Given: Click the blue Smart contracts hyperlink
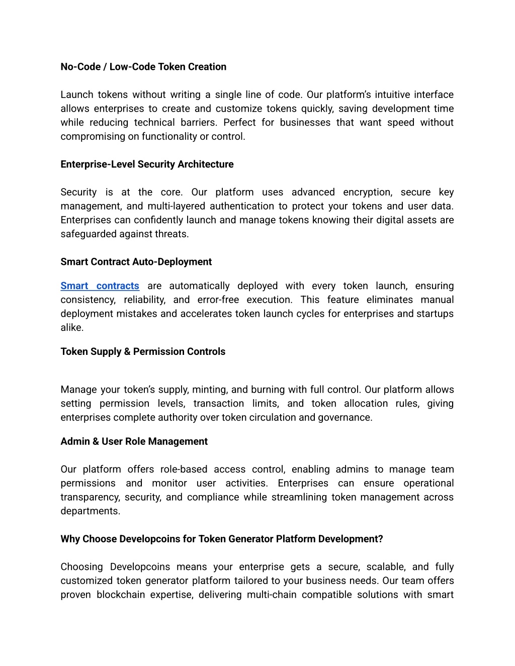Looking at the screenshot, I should click(100, 286).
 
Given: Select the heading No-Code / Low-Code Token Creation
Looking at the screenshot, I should click(143, 67).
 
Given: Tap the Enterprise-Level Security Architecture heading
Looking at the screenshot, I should click(147, 164).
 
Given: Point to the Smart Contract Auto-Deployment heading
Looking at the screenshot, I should click(136, 262).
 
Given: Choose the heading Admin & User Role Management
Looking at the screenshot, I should click(134, 441).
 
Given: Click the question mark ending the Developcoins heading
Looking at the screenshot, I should click(381, 539).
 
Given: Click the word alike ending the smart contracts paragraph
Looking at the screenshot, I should click(72, 328).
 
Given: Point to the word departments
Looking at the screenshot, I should click(90, 511).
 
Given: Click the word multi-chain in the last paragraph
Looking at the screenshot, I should click(272, 595).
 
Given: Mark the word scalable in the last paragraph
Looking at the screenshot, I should click(386, 567).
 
